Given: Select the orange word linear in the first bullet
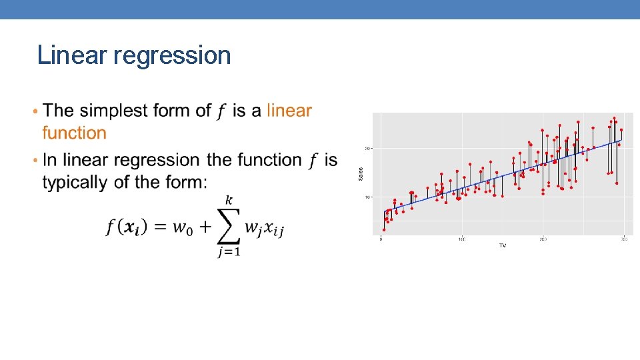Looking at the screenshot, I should point(289,111).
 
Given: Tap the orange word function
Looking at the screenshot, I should point(74,133).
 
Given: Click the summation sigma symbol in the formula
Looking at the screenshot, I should point(228,227).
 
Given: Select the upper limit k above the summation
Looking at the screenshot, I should point(229,200).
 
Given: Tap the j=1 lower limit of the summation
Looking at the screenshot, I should point(228,252).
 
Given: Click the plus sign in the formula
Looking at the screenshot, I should point(205,227).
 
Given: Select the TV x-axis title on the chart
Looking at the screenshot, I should point(503,245).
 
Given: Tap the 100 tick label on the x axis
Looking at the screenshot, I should point(461,239).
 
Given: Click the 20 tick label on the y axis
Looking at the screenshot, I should point(367,148).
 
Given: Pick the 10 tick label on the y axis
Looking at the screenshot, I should point(367,197).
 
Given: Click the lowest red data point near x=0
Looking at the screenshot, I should point(383,230).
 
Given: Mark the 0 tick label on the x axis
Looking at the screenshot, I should point(381,239).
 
